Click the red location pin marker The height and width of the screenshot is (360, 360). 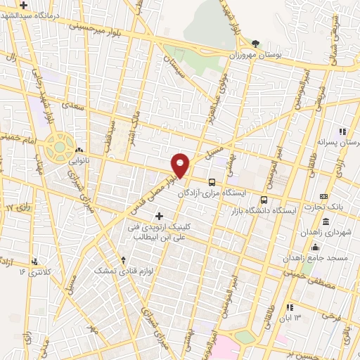pos(181,165)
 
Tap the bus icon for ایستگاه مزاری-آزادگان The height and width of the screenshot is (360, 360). pos(212,181)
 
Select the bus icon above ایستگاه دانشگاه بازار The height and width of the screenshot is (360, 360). pos(264,199)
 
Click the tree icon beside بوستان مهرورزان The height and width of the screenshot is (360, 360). pos(255,44)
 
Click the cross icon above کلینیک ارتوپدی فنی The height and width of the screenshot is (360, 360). pos(159,216)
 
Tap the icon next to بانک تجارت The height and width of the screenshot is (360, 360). pos(323,196)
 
